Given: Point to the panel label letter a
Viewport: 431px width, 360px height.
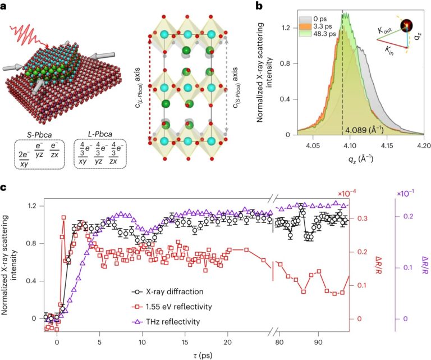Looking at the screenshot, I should tap(4, 6).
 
